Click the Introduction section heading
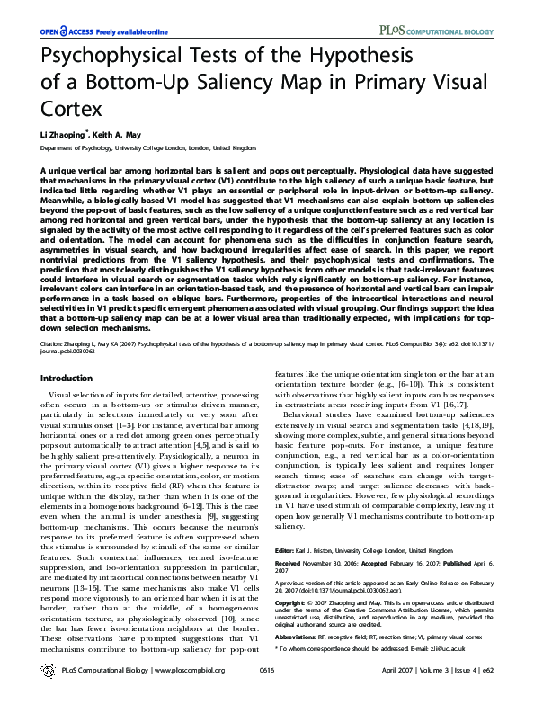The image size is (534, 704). pos(67,379)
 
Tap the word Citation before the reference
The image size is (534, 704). pos(55,343)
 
